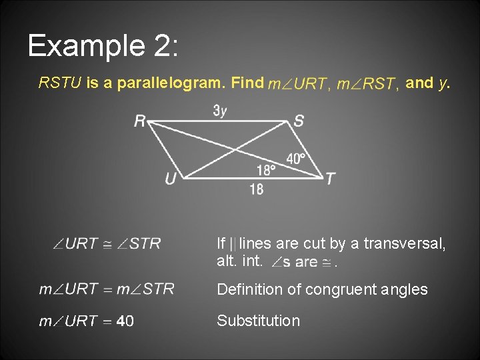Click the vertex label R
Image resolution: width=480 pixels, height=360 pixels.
[x=140, y=121]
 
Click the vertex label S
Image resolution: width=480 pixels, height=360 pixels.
[x=299, y=121]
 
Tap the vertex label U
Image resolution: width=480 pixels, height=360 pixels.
[x=171, y=178]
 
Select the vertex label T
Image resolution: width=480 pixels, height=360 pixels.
[x=330, y=179]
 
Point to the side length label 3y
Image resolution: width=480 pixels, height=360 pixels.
[x=220, y=111]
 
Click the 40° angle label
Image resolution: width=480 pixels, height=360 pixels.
[x=296, y=159]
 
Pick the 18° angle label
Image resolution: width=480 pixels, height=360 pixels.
[x=266, y=171]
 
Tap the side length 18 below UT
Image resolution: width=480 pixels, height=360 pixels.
[x=257, y=190]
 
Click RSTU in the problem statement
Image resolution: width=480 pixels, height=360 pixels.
[x=60, y=83]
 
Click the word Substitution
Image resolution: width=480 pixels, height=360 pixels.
[x=258, y=321]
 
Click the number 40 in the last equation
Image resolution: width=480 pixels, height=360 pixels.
[x=125, y=321]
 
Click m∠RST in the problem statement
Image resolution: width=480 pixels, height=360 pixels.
[x=368, y=84]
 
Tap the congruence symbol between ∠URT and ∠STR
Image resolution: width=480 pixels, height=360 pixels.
[x=107, y=244]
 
